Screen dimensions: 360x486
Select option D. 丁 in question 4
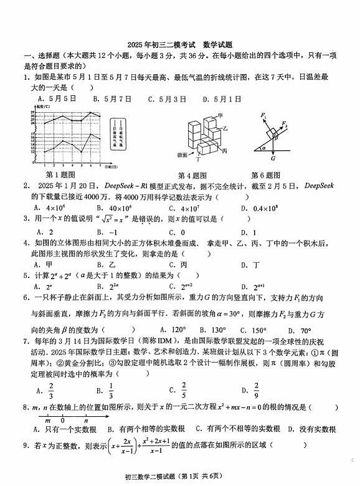tap(252, 264)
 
